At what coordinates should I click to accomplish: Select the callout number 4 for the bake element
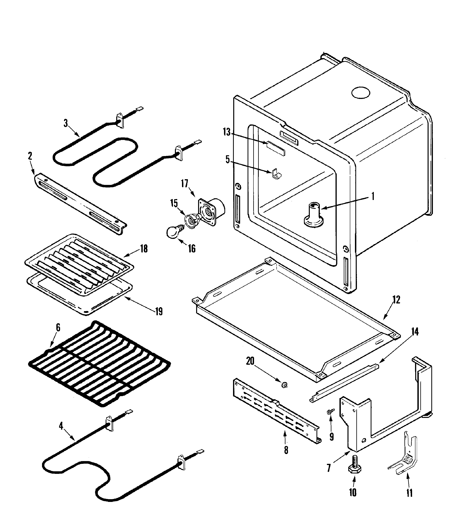61,426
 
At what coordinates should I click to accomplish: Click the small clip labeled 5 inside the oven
276,173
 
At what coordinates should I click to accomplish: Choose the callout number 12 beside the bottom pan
396,300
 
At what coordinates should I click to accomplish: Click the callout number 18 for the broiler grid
144,249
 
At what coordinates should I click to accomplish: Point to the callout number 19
159,312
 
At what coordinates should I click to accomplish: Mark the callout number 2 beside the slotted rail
30,156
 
